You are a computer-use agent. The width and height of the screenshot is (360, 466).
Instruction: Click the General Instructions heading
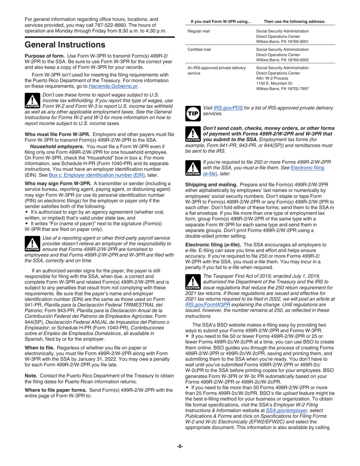click(x=65, y=45)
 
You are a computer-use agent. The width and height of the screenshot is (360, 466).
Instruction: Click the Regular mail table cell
click(x=199, y=31)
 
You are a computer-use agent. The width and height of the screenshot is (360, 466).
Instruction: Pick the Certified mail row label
click(x=200, y=49)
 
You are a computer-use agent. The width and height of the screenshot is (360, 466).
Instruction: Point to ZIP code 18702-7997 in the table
click(x=296, y=88)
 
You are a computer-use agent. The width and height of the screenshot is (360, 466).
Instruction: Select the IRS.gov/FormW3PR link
click(x=207, y=304)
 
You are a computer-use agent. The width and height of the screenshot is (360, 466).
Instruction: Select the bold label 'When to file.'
click(x=40, y=347)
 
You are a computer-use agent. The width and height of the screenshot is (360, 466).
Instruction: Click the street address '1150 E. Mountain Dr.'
click(x=275, y=83)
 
